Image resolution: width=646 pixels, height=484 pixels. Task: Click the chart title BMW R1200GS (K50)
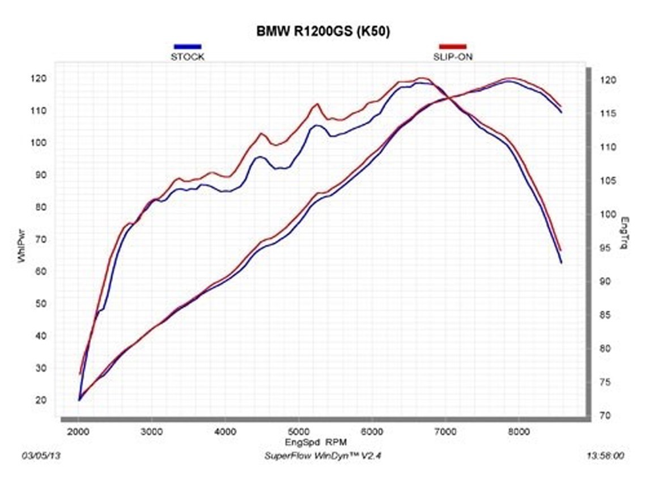click(323, 32)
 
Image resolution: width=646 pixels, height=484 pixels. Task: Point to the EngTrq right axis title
click(625, 233)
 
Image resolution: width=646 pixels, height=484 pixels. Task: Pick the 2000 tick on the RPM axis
click(79, 431)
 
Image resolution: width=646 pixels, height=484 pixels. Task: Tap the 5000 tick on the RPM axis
click(299, 431)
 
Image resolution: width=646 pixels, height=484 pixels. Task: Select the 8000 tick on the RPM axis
click(518, 431)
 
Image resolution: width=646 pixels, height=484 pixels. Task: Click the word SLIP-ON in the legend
click(453, 57)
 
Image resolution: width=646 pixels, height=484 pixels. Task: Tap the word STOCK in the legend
click(188, 57)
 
